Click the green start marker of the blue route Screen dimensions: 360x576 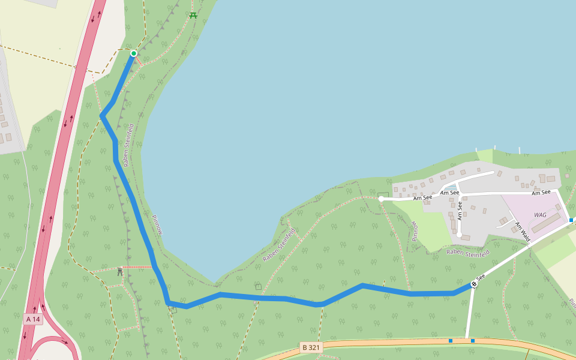[x=134, y=54]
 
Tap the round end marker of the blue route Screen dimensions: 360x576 [x=474, y=284]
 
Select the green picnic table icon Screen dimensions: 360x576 [x=193, y=15]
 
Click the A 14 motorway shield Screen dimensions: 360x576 [x=33, y=319]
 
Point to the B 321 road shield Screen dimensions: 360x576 [x=311, y=347]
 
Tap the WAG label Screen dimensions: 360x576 [x=540, y=214]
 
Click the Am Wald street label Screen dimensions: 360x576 [x=521, y=232]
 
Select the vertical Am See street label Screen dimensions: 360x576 [x=460, y=211]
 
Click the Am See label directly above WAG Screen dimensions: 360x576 [x=541, y=192]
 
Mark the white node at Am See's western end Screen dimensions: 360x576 [x=381, y=199]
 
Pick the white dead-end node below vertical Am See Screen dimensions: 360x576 [x=459, y=235]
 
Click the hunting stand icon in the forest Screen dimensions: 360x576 [x=120, y=272]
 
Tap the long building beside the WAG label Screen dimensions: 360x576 [x=547, y=223]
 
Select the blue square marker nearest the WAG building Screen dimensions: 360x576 [x=571, y=220]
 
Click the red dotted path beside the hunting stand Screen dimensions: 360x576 [x=137, y=267]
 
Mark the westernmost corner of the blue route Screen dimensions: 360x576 [x=101, y=115]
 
